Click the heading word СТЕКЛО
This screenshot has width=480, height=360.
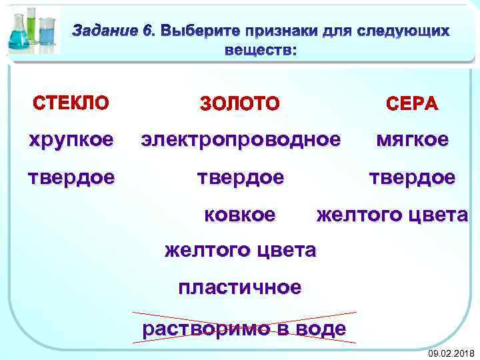70,103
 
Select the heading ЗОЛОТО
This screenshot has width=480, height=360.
240,103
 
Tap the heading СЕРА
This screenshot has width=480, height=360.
412,103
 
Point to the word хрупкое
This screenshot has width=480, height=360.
70,139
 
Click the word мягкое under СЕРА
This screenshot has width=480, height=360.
412,139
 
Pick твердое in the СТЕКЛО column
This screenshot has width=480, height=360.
70,178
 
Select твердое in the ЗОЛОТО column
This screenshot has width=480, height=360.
240,178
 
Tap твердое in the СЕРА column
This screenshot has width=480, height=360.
412,178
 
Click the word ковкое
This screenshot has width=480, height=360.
239,215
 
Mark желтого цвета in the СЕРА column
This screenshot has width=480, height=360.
392,215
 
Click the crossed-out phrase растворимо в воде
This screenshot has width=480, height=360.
244,327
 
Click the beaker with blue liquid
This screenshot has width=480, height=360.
47,35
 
